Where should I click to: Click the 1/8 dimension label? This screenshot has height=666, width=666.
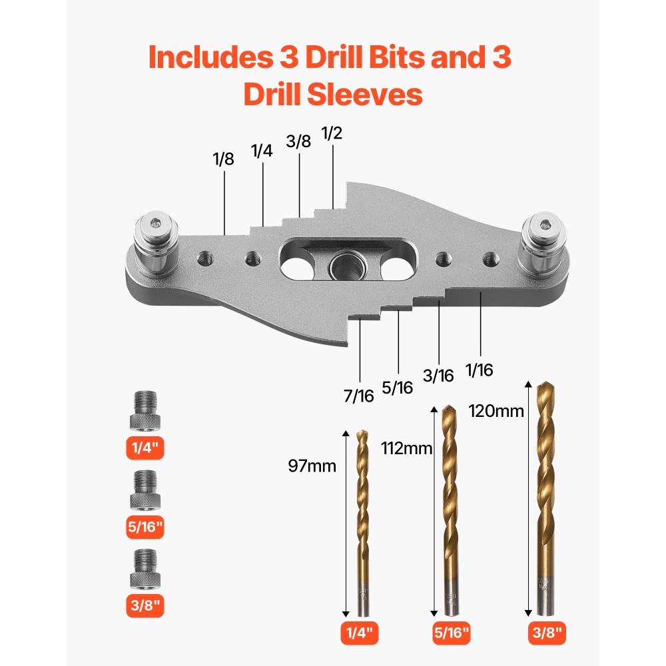(224, 160)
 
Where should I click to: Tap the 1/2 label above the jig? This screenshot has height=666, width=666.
(331, 133)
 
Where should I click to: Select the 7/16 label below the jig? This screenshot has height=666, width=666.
(360, 396)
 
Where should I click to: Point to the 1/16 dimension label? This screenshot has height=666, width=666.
(480, 370)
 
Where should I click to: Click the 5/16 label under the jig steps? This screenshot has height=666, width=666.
(398, 387)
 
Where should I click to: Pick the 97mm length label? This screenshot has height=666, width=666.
(312, 466)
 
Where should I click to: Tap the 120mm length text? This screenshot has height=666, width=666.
(496, 410)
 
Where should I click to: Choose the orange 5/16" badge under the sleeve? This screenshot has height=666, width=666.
(145, 528)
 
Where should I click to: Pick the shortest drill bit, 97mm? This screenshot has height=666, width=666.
(362, 519)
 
